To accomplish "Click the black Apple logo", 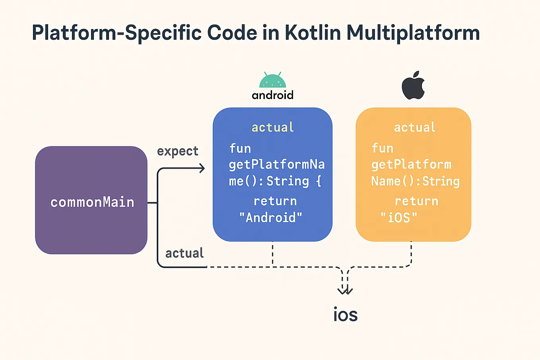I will (x=413, y=86).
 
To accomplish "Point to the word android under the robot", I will (x=272, y=95).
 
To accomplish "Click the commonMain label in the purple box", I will (x=92, y=202).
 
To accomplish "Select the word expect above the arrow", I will (x=178, y=151).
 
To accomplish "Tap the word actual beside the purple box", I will (x=185, y=253).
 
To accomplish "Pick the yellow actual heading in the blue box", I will (x=273, y=127).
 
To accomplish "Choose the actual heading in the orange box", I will (x=415, y=127).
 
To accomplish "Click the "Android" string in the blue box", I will (x=271, y=218).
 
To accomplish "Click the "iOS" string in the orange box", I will (x=399, y=218).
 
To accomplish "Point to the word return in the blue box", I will (x=275, y=201).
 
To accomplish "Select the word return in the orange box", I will (x=416, y=201).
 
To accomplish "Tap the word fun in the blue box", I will (x=240, y=148).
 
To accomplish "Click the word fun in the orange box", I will (x=382, y=148).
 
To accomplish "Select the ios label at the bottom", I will (x=345, y=315).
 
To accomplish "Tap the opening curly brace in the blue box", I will (x=319, y=181).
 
